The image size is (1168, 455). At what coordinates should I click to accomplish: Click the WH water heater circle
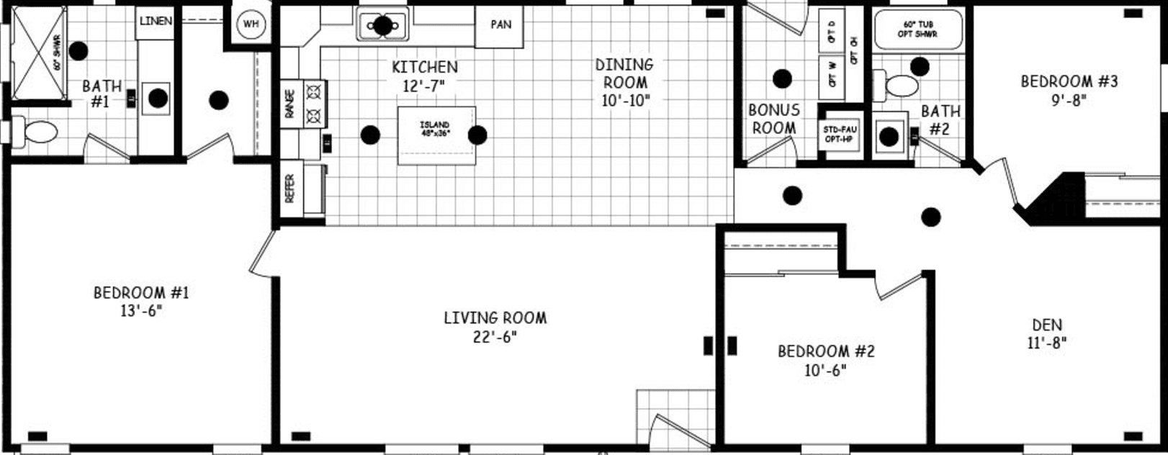pos(251,24)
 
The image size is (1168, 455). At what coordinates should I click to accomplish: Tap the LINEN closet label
pos(156,21)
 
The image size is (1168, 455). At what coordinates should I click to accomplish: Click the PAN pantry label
pos(500,25)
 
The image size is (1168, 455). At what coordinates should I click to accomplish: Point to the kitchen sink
pos(382,26)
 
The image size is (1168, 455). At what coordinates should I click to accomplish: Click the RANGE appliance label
pos(290,104)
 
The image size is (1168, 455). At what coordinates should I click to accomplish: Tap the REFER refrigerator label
pos(290,189)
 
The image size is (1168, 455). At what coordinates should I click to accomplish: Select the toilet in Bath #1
pos(35,132)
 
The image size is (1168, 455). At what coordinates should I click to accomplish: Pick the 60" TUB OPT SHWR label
pos(917,30)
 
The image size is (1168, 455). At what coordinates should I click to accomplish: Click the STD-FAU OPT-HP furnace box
pos(840,134)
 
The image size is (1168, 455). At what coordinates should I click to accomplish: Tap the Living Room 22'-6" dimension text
pos(495,336)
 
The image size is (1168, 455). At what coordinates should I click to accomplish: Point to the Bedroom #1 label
pos(141,293)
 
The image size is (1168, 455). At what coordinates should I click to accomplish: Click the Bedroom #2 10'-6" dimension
pos(825,370)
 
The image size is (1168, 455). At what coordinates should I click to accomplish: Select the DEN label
pos(1046,325)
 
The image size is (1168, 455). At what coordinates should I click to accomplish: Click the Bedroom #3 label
pos(1069,81)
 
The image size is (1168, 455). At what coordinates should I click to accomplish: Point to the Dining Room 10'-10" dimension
pos(625,101)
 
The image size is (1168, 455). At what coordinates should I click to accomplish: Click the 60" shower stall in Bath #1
pos(40,53)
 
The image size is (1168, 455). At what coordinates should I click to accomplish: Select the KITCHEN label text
pos(424,67)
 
